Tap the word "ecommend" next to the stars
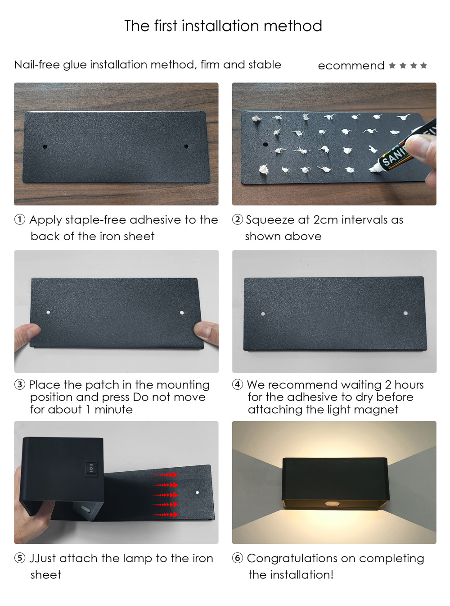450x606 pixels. click(x=351, y=66)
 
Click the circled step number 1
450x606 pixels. click(x=20, y=219)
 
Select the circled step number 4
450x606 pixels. click(x=238, y=384)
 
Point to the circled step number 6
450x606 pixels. click(x=238, y=558)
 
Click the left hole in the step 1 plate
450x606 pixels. click(x=45, y=147)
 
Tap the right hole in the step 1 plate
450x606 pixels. click(x=186, y=146)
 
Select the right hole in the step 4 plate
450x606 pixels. click(x=405, y=313)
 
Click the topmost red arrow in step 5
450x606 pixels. click(x=165, y=475)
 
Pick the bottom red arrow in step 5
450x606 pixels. click(x=165, y=515)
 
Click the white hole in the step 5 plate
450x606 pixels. click(x=197, y=492)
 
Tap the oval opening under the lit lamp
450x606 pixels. click(x=332, y=503)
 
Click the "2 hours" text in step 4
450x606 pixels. click(x=404, y=385)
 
